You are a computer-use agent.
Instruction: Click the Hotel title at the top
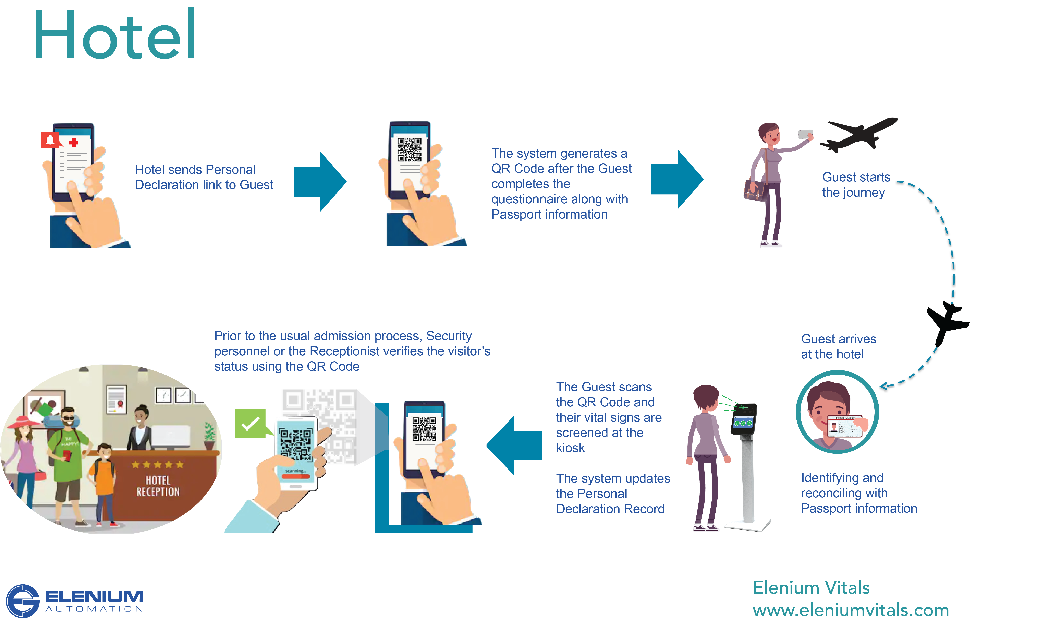tap(114, 35)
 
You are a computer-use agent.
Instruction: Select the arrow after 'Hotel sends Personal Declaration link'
tap(321, 181)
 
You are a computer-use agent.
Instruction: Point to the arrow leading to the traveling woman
tap(678, 179)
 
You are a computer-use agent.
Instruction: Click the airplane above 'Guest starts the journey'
tap(858, 134)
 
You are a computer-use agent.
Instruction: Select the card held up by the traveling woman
tap(805, 134)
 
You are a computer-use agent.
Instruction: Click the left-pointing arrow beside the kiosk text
tap(514, 445)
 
